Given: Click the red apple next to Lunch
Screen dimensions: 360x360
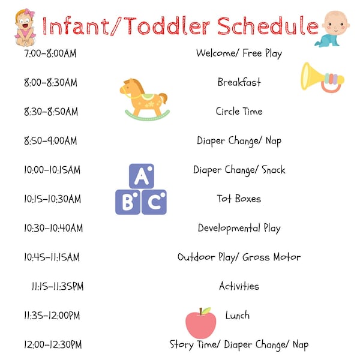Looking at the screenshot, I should (x=200, y=324).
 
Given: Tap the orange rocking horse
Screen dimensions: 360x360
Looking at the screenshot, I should (x=143, y=98).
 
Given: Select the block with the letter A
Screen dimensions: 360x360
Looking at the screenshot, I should (x=141, y=176).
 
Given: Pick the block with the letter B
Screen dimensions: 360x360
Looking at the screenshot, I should (x=128, y=202).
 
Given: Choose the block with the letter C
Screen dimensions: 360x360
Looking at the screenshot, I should (x=154, y=202).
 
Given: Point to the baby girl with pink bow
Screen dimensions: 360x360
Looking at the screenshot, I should (x=25, y=27).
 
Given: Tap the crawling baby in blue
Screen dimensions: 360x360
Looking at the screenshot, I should (x=332, y=29).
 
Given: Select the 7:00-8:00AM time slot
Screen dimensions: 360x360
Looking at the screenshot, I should (x=50, y=53).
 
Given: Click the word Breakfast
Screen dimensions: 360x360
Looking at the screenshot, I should (x=239, y=82).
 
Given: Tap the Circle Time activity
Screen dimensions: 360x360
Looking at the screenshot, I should (x=239, y=112).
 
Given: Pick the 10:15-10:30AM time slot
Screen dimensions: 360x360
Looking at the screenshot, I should (x=52, y=199).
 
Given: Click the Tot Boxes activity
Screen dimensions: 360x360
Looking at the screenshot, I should (x=239, y=199).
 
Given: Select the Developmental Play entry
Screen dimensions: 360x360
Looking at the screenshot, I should (x=239, y=228).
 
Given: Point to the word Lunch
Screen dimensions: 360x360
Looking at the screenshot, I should (x=238, y=316).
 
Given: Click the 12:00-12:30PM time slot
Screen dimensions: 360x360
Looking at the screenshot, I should (x=53, y=345).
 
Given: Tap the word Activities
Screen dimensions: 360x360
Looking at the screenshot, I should (x=239, y=286).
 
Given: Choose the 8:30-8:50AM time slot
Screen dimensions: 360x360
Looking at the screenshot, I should (x=50, y=112).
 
